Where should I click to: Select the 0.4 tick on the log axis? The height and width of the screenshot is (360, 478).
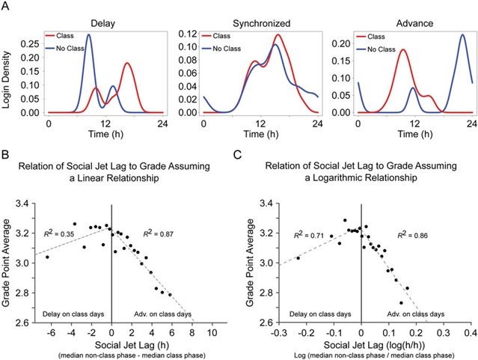click(x=471, y=332)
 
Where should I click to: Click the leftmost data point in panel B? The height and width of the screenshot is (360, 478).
click(x=47, y=257)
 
